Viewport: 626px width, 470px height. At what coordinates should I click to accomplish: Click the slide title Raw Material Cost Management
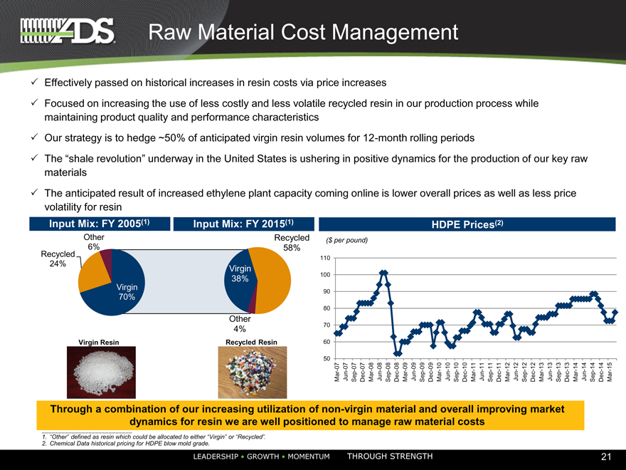[302, 32]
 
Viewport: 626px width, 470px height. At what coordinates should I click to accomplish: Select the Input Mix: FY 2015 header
[243, 224]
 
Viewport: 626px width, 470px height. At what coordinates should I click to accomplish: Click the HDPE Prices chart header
[470, 224]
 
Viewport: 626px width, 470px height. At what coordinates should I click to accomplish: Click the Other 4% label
[240, 324]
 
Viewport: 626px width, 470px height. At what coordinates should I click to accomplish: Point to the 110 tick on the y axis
[326, 258]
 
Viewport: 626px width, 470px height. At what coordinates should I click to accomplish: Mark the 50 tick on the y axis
[326, 358]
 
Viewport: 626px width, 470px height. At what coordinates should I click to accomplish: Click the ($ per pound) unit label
[346, 240]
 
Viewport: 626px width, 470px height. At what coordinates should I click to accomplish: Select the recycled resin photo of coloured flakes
[251, 372]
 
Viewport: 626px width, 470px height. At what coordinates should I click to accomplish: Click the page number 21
[606, 456]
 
